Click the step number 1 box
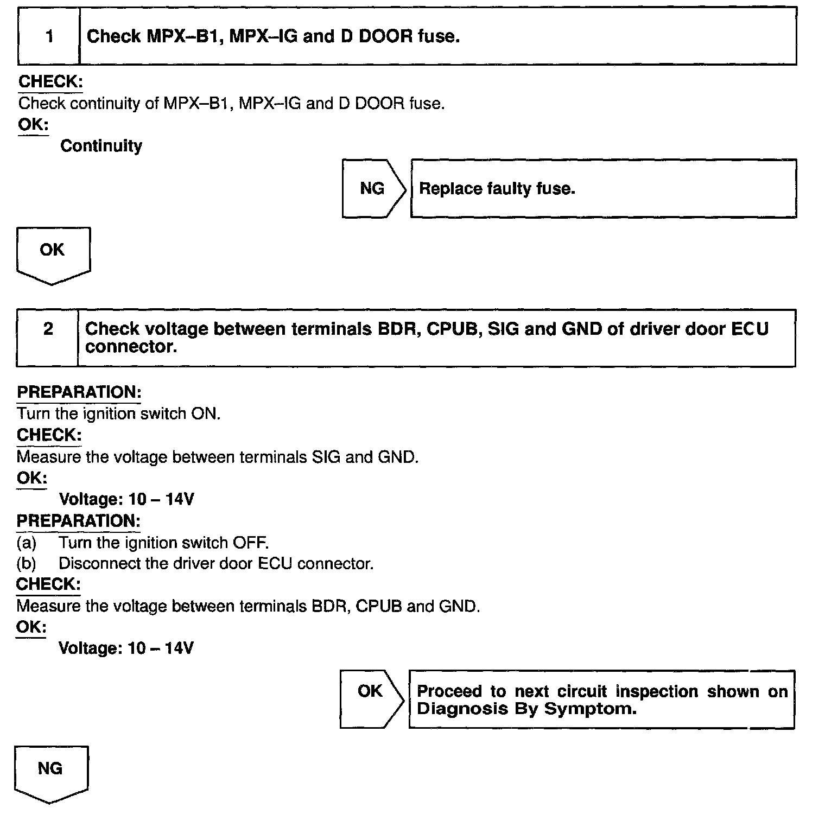click(x=49, y=36)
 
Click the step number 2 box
click(x=48, y=338)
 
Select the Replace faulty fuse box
click(x=603, y=188)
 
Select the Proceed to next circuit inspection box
click(x=601, y=699)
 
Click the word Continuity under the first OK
click(x=101, y=146)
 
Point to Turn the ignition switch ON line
click(x=118, y=413)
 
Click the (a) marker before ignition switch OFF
click(x=26, y=543)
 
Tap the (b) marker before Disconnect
click(x=26, y=564)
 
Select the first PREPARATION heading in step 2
click(x=79, y=392)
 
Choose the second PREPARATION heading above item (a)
click(x=79, y=521)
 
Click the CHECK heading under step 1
click(x=50, y=82)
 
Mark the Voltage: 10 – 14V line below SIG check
click(x=126, y=499)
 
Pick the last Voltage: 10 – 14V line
click(x=125, y=648)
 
